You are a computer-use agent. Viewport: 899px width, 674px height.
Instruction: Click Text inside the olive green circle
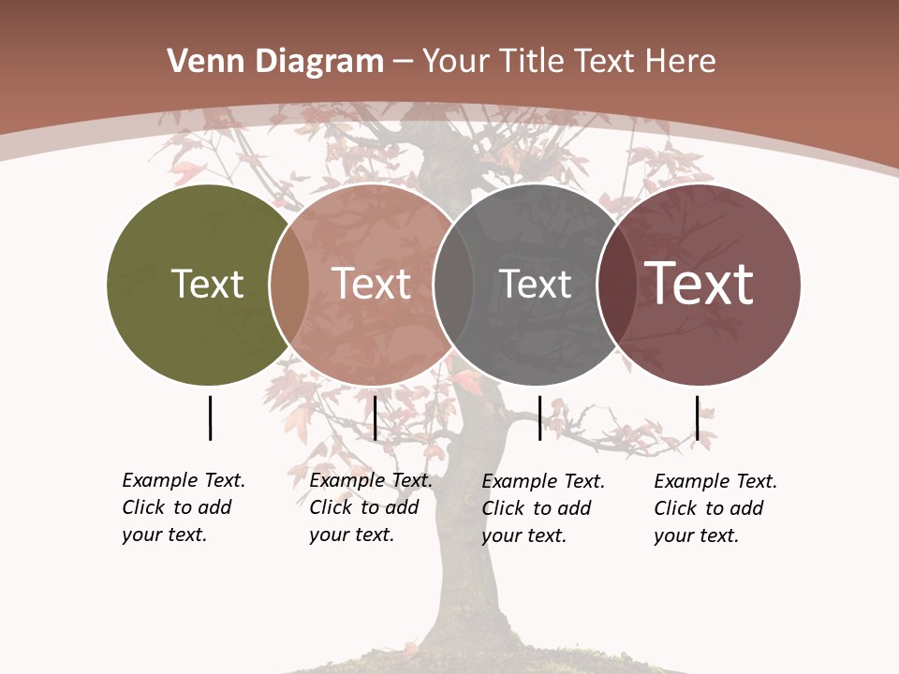(208, 284)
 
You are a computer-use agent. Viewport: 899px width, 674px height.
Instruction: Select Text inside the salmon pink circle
(372, 284)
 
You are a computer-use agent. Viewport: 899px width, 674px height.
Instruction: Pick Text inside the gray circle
(535, 284)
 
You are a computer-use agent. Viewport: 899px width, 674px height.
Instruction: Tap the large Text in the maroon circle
(700, 284)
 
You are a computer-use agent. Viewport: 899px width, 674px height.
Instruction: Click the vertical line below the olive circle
(210, 418)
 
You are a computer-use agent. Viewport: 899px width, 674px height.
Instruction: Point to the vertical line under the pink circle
(375, 418)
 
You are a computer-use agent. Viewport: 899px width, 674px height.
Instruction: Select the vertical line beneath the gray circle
(539, 418)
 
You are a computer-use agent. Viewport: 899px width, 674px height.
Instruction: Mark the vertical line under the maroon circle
(698, 418)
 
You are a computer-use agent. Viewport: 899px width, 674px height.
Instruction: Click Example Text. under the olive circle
(184, 480)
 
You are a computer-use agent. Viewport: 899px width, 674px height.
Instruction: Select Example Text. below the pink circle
(371, 480)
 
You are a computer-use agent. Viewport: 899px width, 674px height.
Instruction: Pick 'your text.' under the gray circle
(523, 535)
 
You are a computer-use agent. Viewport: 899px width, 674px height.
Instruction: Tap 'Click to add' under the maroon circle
(709, 508)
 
